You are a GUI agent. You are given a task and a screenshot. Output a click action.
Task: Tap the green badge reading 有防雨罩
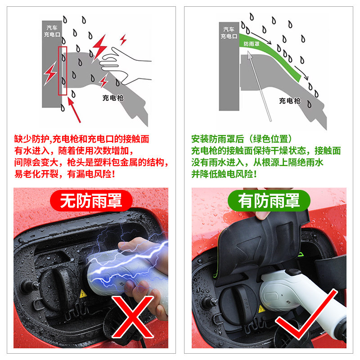269,200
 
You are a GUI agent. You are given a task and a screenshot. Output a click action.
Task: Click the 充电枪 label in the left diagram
112,97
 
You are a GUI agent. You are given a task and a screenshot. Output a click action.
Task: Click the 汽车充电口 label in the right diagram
229,33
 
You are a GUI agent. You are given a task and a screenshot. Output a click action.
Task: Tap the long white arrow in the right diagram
260,85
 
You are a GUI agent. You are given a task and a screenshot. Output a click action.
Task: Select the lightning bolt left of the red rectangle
50,72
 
